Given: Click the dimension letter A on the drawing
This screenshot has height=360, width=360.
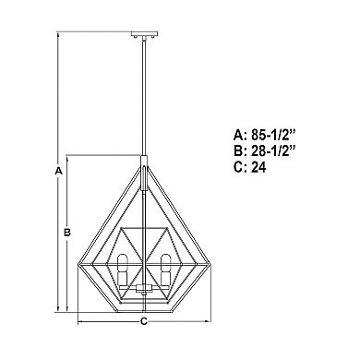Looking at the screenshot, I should [57, 172].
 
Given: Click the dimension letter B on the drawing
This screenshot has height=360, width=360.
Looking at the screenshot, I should [67, 233].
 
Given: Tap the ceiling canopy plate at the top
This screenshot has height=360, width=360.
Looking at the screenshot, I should [144, 37].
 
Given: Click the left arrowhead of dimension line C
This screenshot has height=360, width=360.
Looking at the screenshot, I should [79, 322].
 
